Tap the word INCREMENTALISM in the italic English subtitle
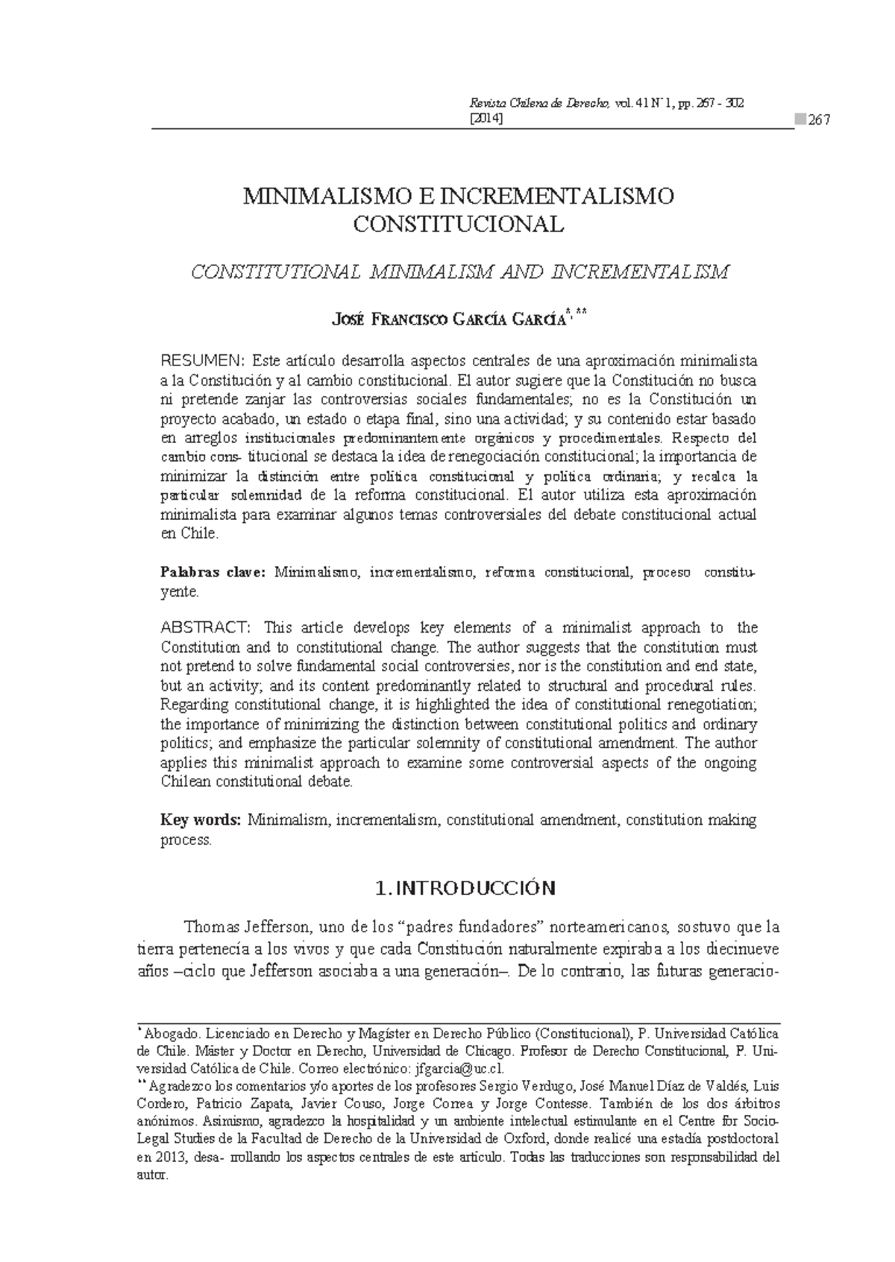(638, 272)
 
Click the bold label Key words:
(200, 820)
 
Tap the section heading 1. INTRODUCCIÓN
(466, 888)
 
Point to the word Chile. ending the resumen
(199, 534)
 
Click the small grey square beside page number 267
(800, 120)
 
